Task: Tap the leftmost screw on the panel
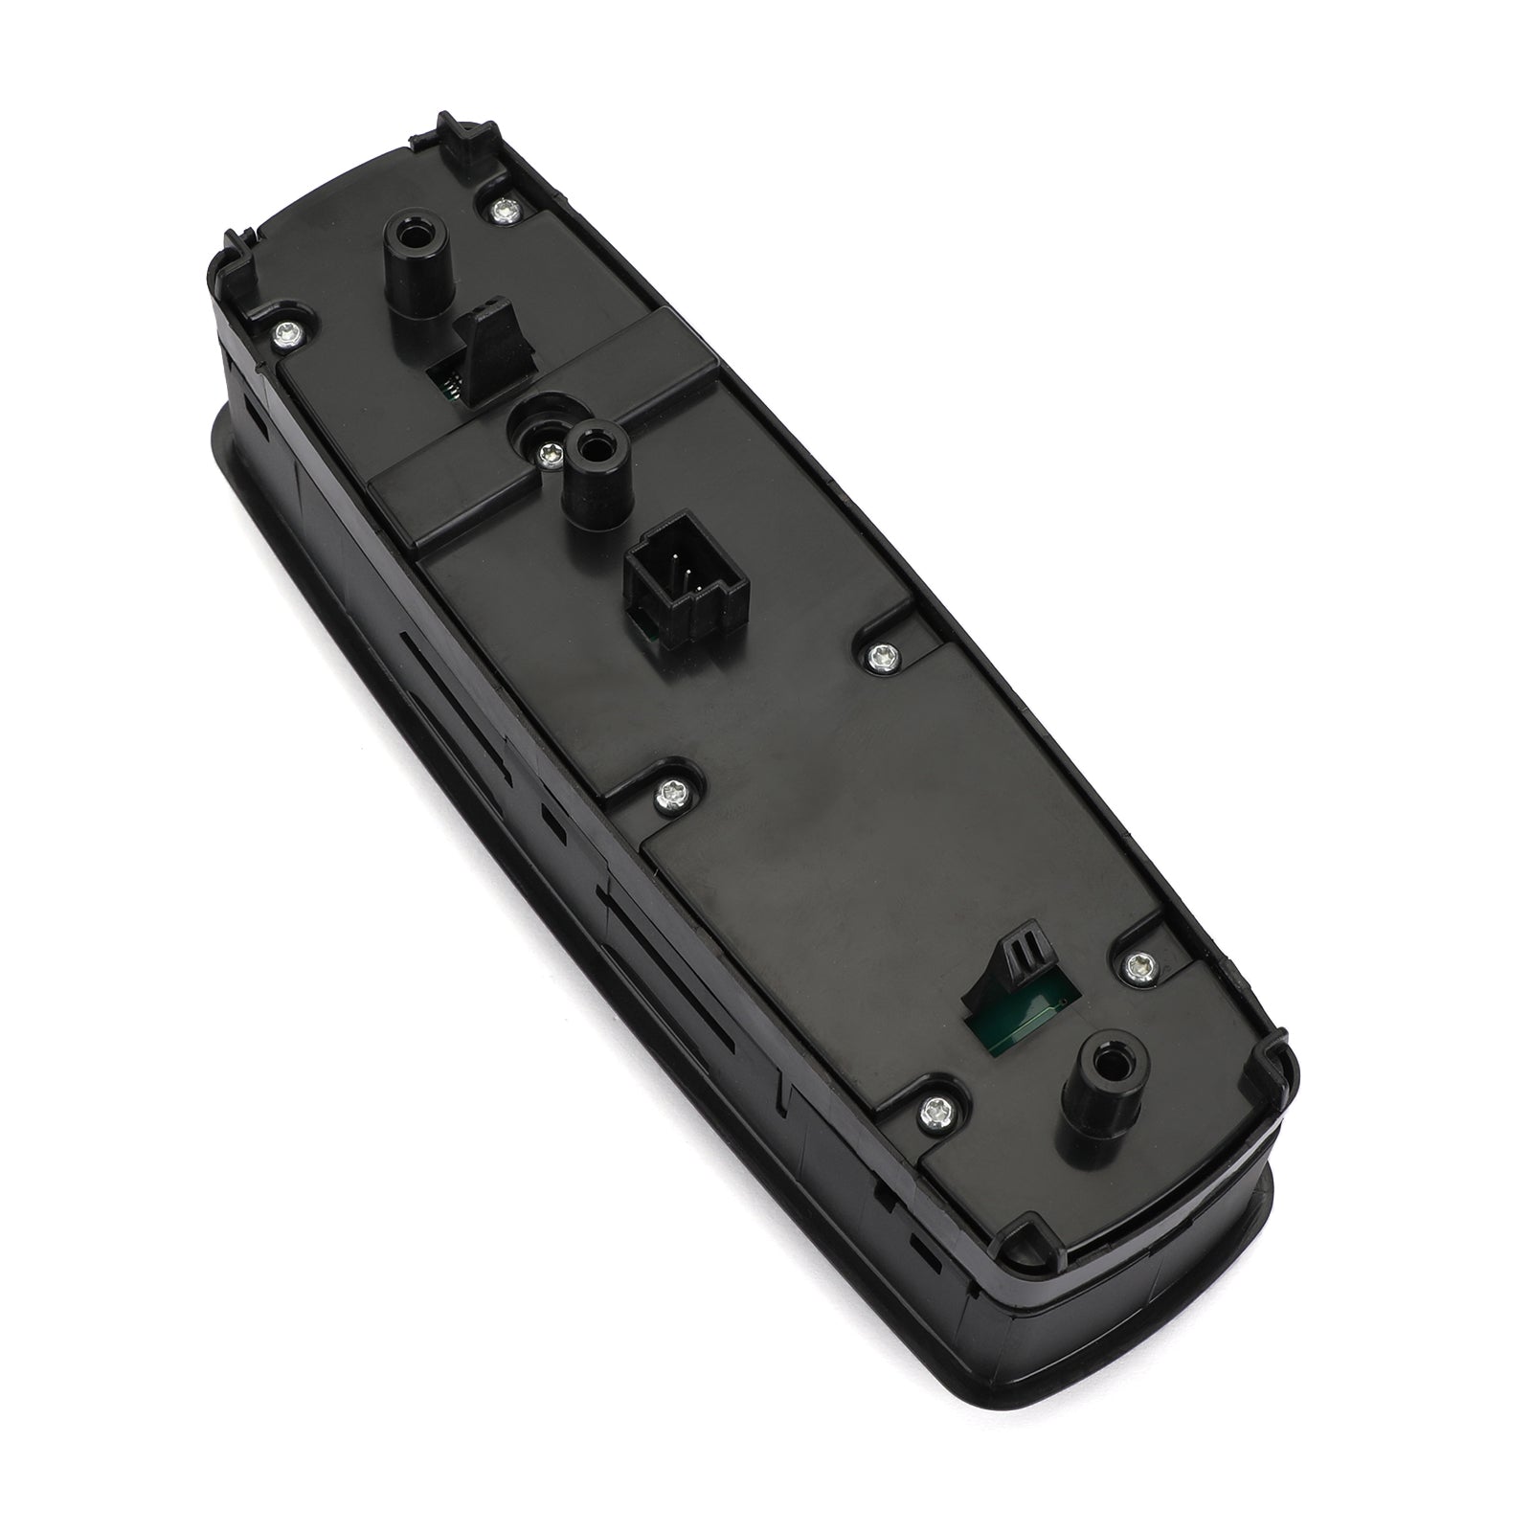point(283,333)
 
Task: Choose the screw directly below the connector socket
point(668,791)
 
